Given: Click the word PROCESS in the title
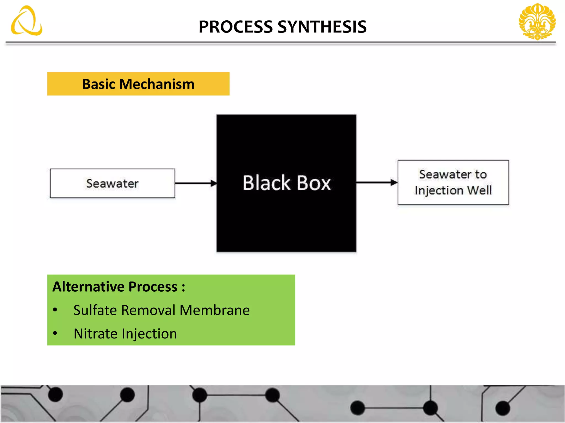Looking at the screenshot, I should pyautogui.click(x=236, y=27).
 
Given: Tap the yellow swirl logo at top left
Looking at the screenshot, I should pyautogui.click(x=26, y=21).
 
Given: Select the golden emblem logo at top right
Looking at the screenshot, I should pyautogui.click(x=537, y=21).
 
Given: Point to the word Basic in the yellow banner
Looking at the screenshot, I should pyautogui.click(x=98, y=84).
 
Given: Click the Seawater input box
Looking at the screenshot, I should pyautogui.click(x=112, y=183).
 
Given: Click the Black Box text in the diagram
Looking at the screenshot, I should pyautogui.click(x=286, y=183).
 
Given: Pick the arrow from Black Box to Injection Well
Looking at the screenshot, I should pyautogui.click(x=376, y=182).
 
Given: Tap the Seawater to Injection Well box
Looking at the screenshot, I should pyautogui.click(x=453, y=182).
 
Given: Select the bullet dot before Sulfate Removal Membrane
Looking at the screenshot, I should pyautogui.click(x=55, y=310).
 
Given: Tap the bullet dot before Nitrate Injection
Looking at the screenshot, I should pyautogui.click(x=55, y=333).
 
